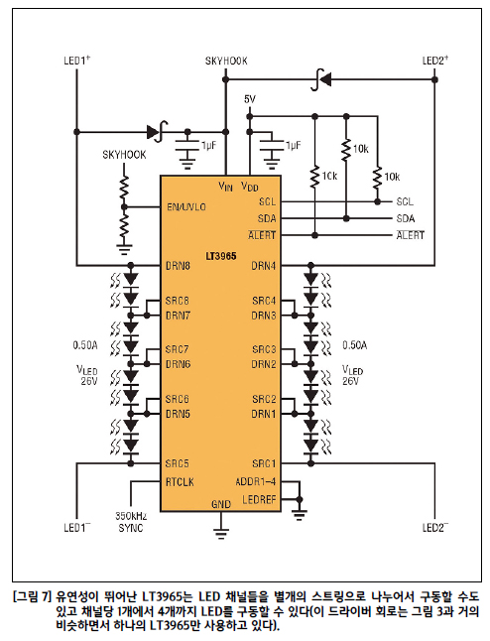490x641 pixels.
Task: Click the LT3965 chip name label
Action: click(x=220, y=256)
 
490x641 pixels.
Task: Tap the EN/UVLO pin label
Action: click(x=186, y=207)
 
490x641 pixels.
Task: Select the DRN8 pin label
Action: click(x=178, y=266)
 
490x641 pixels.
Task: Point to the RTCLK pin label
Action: click(x=180, y=482)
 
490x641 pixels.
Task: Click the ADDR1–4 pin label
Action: click(x=256, y=482)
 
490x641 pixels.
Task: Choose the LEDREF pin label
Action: click(x=259, y=499)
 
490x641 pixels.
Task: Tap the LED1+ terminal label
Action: click(x=76, y=61)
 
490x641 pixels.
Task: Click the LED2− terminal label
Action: click(x=434, y=528)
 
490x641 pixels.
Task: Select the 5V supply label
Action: click(x=250, y=99)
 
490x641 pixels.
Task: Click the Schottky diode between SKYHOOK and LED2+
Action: click(x=320, y=79)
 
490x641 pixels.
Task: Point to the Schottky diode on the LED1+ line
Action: click(x=158, y=132)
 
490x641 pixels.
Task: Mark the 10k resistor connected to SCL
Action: click(x=378, y=177)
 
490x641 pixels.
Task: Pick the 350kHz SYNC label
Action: click(x=131, y=522)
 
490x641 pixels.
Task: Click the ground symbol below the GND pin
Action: click(x=221, y=533)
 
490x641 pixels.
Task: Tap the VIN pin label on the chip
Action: click(x=225, y=187)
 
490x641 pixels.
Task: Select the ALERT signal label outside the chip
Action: click(x=411, y=235)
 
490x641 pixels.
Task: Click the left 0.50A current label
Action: click(x=85, y=346)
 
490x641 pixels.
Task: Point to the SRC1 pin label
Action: click(x=264, y=464)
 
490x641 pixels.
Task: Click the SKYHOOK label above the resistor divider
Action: click(x=124, y=155)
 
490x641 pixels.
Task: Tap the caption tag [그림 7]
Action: click(x=33, y=597)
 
